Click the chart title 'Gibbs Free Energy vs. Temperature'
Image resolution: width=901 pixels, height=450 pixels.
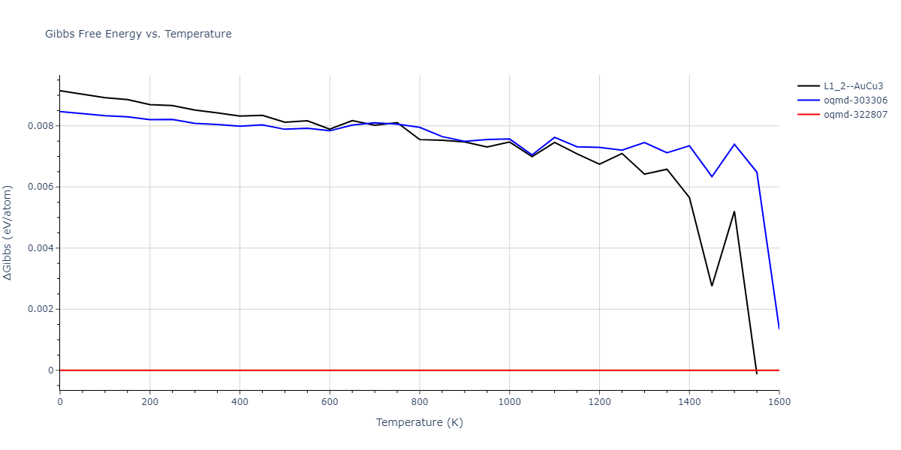click(138, 34)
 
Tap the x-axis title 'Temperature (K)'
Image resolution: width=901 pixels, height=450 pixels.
click(419, 423)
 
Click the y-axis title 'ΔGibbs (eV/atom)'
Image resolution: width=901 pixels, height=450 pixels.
click(8, 232)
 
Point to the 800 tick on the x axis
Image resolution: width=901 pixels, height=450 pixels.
click(419, 402)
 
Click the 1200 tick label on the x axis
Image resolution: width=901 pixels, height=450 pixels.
click(599, 402)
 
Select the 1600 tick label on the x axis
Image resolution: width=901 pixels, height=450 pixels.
click(779, 402)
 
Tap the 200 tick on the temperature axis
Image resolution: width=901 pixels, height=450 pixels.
click(149, 402)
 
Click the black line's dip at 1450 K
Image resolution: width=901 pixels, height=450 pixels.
click(712, 286)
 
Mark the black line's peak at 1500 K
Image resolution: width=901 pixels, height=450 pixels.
click(734, 211)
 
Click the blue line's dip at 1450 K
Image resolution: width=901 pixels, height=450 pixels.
click(712, 177)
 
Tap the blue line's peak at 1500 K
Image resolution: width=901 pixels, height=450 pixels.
click(734, 144)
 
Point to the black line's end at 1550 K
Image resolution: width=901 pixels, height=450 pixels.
click(757, 373)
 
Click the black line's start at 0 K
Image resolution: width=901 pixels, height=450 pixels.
click(60, 91)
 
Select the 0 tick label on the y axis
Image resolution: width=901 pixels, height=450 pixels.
click(51, 370)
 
